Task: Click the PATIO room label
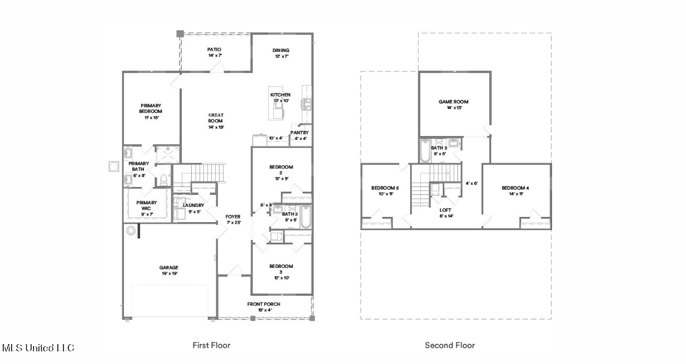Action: tap(214, 49)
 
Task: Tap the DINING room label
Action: tap(281, 50)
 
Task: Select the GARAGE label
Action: tap(169, 267)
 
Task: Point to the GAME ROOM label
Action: tap(453, 102)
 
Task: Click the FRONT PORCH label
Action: tap(264, 304)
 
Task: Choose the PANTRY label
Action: tap(299, 132)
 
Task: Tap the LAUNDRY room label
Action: tap(193, 205)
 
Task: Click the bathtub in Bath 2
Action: tap(306, 217)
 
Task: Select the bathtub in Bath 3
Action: tap(425, 151)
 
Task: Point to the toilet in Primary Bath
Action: tap(163, 180)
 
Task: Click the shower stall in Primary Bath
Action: tap(168, 154)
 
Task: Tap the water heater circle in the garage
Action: tap(131, 231)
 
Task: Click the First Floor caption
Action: tap(211, 345)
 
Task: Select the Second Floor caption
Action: tap(450, 345)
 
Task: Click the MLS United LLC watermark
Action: tap(38, 348)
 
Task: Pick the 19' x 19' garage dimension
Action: tap(170, 274)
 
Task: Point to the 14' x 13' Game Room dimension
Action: tap(454, 108)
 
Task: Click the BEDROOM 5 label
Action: tap(385, 188)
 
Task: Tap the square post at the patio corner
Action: tap(180, 34)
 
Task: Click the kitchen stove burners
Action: tap(306, 104)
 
